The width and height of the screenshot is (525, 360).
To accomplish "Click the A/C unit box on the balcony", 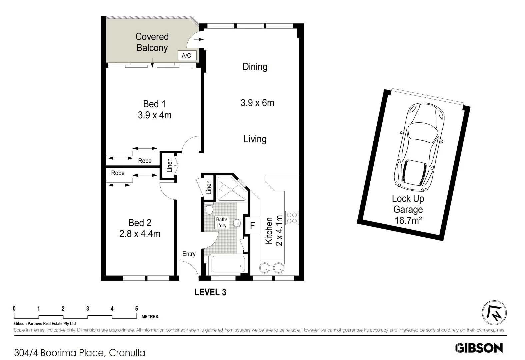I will [x=186, y=55].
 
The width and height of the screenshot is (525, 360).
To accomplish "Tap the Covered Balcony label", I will [x=152, y=42].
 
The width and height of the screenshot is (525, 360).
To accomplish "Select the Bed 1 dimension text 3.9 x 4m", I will [x=154, y=115].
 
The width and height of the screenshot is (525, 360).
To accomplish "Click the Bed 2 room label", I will [x=140, y=222].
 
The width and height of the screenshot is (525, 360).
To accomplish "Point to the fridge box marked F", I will [x=252, y=226].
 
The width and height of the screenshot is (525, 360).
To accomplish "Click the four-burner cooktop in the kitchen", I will [x=292, y=218].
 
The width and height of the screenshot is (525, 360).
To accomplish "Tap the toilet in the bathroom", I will [x=209, y=210].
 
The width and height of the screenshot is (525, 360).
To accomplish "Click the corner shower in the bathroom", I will [x=232, y=189].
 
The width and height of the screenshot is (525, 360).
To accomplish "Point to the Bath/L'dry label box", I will [x=221, y=222].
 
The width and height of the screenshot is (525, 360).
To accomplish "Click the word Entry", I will [x=189, y=254].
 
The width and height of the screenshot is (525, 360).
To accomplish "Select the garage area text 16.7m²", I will [x=408, y=220].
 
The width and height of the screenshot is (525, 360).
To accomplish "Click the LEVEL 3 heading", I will [x=210, y=292].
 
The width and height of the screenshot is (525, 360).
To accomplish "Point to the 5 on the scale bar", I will [x=136, y=309].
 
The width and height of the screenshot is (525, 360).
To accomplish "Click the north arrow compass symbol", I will [x=494, y=313].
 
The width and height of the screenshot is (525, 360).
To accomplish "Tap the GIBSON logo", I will [x=479, y=348].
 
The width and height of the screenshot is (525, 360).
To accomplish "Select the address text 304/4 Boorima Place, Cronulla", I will [x=80, y=352].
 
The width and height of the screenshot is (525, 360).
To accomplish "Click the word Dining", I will [x=255, y=67].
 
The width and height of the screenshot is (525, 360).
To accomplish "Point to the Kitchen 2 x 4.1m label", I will [x=274, y=231].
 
